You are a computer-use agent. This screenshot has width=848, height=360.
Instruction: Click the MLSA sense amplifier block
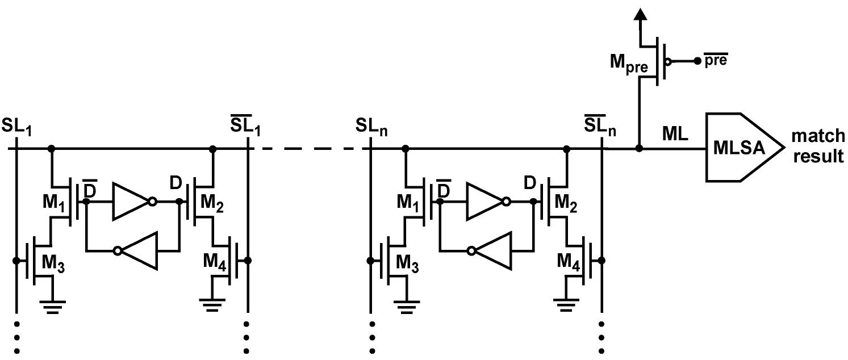click(x=741, y=148)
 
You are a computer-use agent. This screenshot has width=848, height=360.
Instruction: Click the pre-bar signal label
click(x=716, y=60)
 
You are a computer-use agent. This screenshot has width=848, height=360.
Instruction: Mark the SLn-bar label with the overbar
click(x=601, y=127)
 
